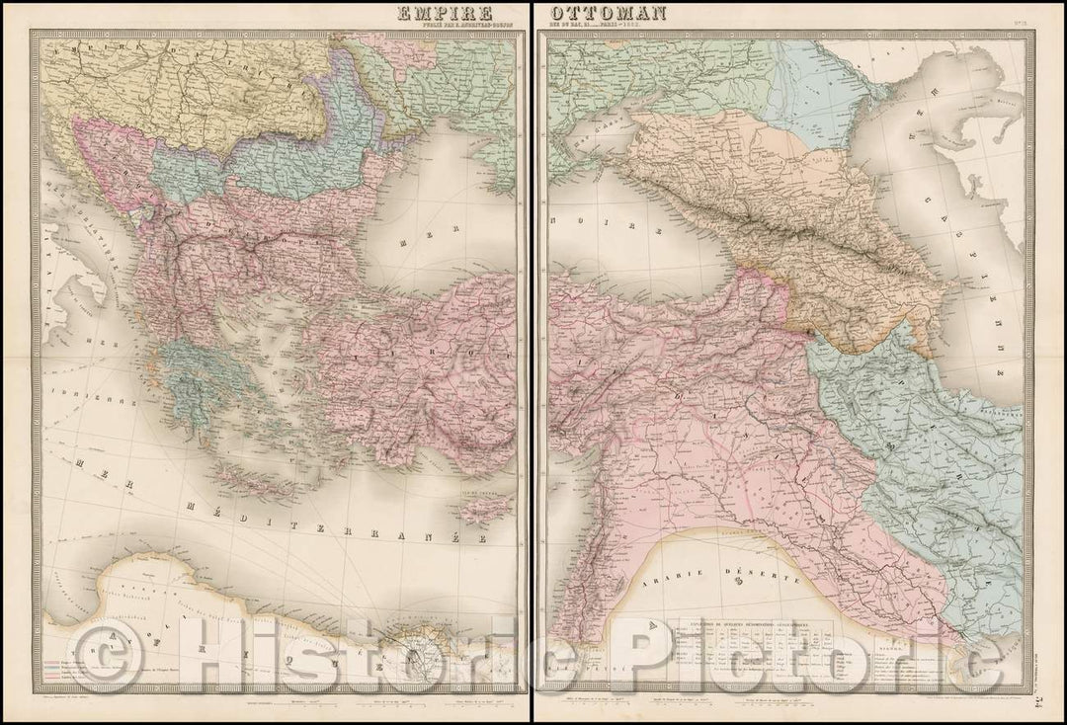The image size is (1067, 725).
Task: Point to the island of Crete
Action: tap(255, 483)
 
